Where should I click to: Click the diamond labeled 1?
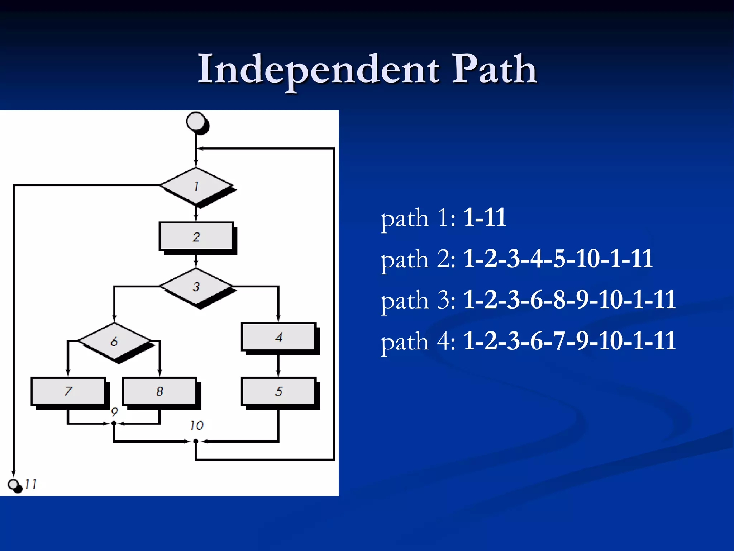[196, 185]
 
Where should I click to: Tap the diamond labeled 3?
[196, 286]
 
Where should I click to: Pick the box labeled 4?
[278, 336]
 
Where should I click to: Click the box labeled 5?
[278, 391]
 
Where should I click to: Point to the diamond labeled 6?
[114, 341]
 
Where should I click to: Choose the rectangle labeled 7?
[68, 391]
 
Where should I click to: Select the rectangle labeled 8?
[159, 391]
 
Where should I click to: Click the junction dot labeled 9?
[114, 423]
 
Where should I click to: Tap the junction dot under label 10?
[196, 441]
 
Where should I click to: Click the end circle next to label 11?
[14, 485]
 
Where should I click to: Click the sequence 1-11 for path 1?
[485, 217]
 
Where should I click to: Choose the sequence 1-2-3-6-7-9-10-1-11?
[569, 341]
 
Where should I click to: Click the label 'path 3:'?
[418, 300]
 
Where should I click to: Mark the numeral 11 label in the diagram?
[31, 484]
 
